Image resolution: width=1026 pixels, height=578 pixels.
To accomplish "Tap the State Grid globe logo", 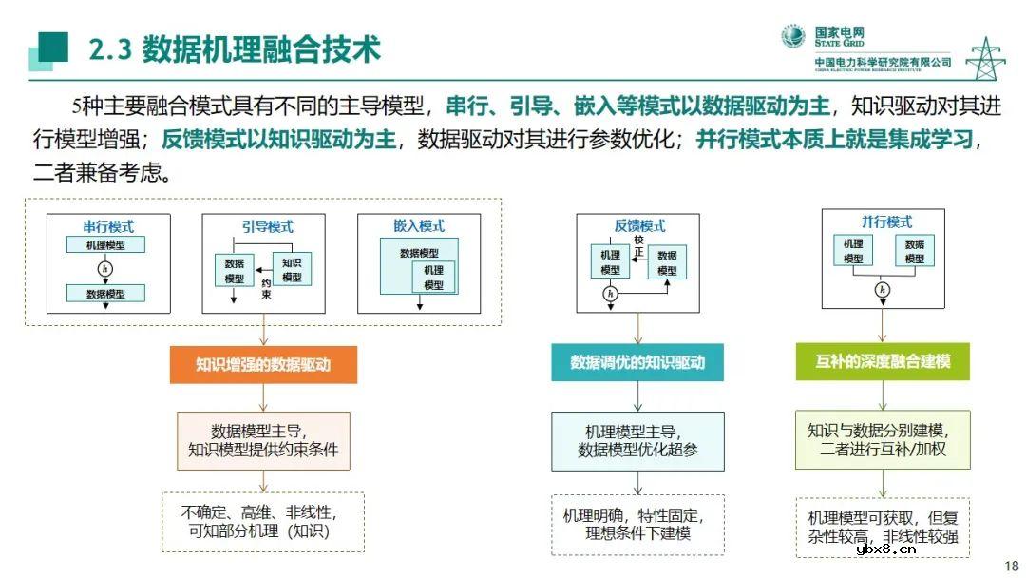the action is (x=793, y=37).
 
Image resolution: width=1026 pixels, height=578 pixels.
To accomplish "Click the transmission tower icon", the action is (x=985, y=58).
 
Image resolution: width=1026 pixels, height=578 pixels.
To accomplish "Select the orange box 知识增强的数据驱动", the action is (x=263, y=363).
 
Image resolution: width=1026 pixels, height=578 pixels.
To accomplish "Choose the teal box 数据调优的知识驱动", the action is (x=637, y=362).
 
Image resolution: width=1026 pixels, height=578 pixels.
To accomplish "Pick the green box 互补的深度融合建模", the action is (x=883, y=362).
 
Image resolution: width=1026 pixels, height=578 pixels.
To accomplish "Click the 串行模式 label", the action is (x=108, y=226).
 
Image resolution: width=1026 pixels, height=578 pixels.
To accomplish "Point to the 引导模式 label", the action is (x=263, y=226).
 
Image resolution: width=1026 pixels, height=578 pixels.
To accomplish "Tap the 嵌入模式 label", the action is (x=418, y=226).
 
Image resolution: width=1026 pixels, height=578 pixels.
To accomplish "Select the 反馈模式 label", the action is (x=639, y=225).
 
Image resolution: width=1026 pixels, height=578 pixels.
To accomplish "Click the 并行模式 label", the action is (x=885, y=222).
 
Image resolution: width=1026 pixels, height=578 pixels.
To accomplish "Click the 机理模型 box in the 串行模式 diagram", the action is (x=105, y=245).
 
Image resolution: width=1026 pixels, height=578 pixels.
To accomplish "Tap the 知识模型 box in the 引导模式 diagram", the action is (x=292, y=269).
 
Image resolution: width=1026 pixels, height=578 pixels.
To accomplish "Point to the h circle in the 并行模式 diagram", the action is (x=883, y=289).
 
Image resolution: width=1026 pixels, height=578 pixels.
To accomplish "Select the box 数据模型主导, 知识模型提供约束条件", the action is (x=263, y=440).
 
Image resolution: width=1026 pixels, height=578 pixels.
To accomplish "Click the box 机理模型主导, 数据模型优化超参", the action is (x=637, y=440).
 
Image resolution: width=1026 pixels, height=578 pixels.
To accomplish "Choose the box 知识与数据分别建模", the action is (x=883, y=439).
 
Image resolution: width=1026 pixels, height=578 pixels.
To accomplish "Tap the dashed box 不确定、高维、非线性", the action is (x=263, y=523).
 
